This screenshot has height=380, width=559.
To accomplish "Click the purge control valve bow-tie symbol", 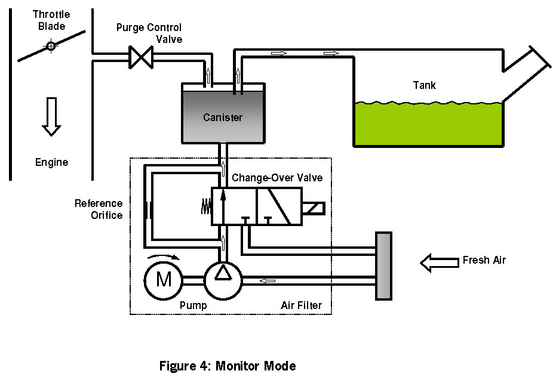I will coord(142,57).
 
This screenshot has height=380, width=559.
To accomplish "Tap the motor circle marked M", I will coord(164,279).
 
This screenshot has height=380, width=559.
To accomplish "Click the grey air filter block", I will coord(383,265).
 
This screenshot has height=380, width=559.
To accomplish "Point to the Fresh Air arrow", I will coord(438,261).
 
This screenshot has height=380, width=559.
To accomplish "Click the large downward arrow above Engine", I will coord(52,116).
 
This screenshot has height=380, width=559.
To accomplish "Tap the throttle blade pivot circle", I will coord(51,45).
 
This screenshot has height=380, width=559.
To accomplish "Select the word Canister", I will coord(222,117).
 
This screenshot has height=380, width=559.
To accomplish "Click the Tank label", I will coord(425,85).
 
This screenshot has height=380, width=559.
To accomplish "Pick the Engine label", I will coord(52,162).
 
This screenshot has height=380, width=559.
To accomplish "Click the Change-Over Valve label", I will coord(269,178).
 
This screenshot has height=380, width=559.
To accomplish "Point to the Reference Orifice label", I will coord(99,209).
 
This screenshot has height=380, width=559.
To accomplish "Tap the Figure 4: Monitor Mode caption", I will coord(228,366).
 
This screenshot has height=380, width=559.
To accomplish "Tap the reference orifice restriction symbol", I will coord(147,211).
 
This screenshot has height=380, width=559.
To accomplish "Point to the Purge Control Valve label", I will coord(149,33).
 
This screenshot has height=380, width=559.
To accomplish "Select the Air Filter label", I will coord(301,306).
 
